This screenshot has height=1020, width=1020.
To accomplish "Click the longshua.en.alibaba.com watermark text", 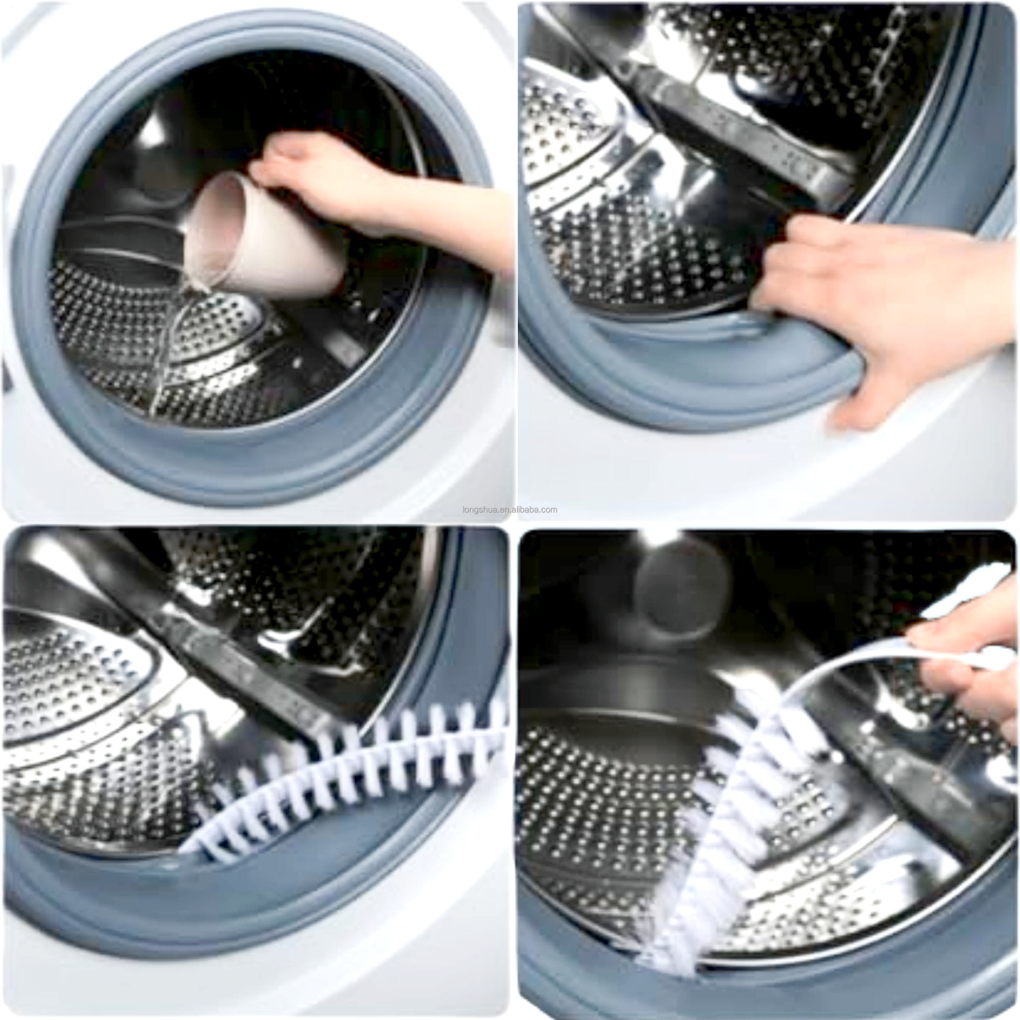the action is [509, 509].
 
